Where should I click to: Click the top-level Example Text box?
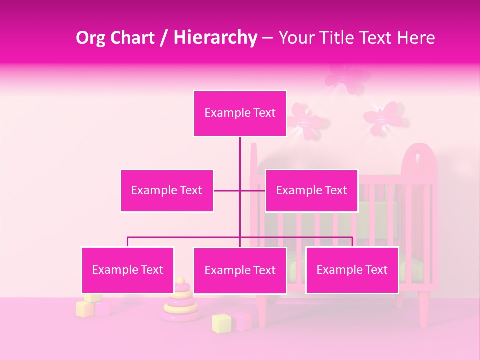240,113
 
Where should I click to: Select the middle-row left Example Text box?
167,190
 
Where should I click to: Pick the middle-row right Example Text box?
311,190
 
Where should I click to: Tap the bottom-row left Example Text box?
128,270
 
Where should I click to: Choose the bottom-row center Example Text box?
240,270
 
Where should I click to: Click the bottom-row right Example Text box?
352,270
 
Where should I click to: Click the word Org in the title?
90,38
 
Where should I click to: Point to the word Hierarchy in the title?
215,38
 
